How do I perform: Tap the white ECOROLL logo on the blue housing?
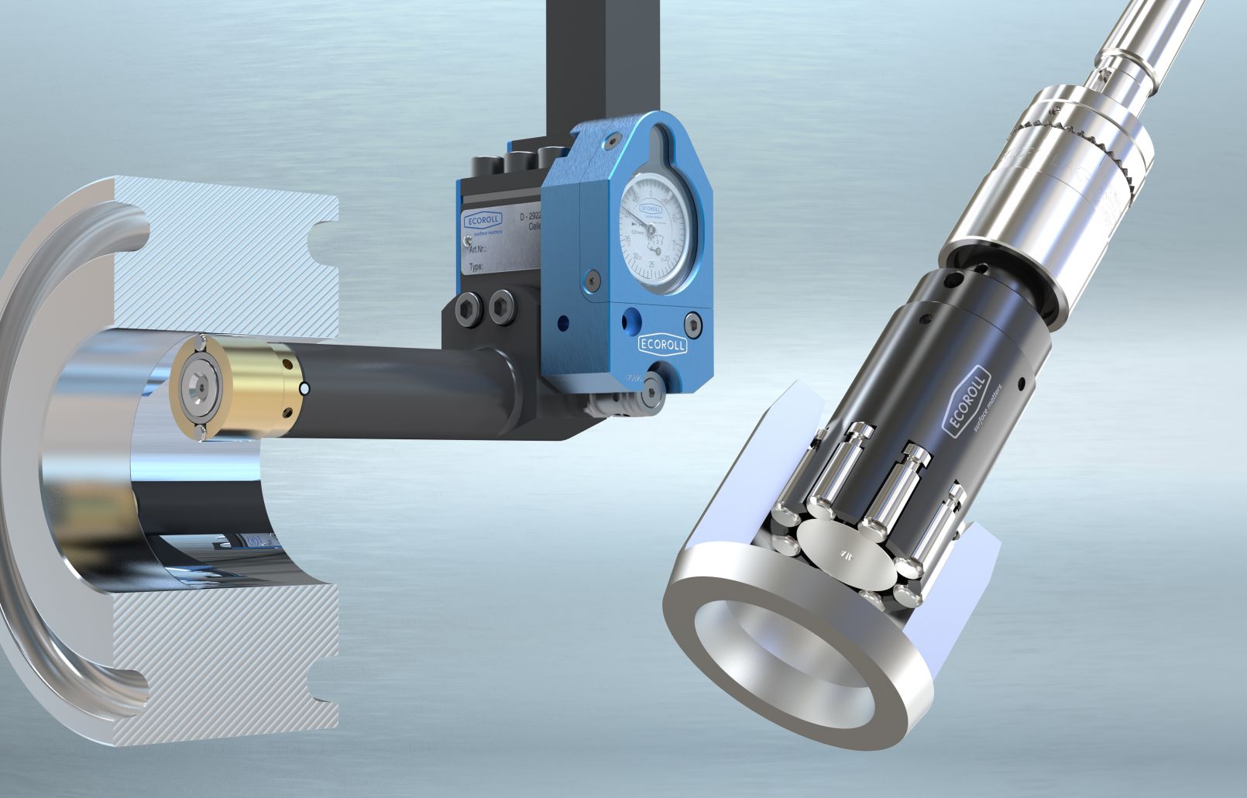pos(662,344)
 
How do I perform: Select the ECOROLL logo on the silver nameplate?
pos(483,220)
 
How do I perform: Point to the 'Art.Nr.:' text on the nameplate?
pos(481,249)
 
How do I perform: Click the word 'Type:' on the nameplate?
pos(476,267)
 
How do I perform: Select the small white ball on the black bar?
pos(306,388)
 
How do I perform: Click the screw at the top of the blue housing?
pos(613,140)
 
